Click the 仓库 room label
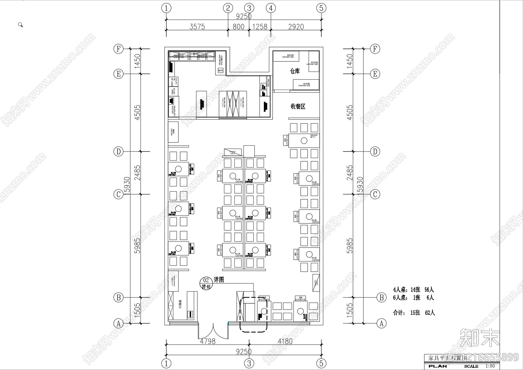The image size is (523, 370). pos(295,71)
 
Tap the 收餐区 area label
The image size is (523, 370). pos(298,106)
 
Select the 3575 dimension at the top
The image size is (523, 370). pos(197,27)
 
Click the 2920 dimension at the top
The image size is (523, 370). pos(296,27)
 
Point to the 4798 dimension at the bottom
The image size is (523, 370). pos(208,341)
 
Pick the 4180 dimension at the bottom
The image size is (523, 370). pos(285,341)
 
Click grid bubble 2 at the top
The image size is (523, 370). pos(228,8)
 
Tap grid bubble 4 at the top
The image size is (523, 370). pos(271,8)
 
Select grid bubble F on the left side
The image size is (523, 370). pos(118,49)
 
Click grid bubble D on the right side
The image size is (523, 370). pos(375,151)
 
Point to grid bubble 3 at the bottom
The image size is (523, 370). pos(249,363)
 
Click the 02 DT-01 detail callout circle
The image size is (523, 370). pos(206,283)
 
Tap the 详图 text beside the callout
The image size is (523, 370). pos(219,280)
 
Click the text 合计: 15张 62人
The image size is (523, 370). pos(413,313)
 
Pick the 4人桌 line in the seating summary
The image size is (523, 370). pos(413,289)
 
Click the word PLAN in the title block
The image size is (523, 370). pos(438,366)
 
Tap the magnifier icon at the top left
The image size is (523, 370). pos(20,25)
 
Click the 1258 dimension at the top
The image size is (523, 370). pos(260,27)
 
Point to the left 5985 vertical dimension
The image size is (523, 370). pos(137,246)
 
